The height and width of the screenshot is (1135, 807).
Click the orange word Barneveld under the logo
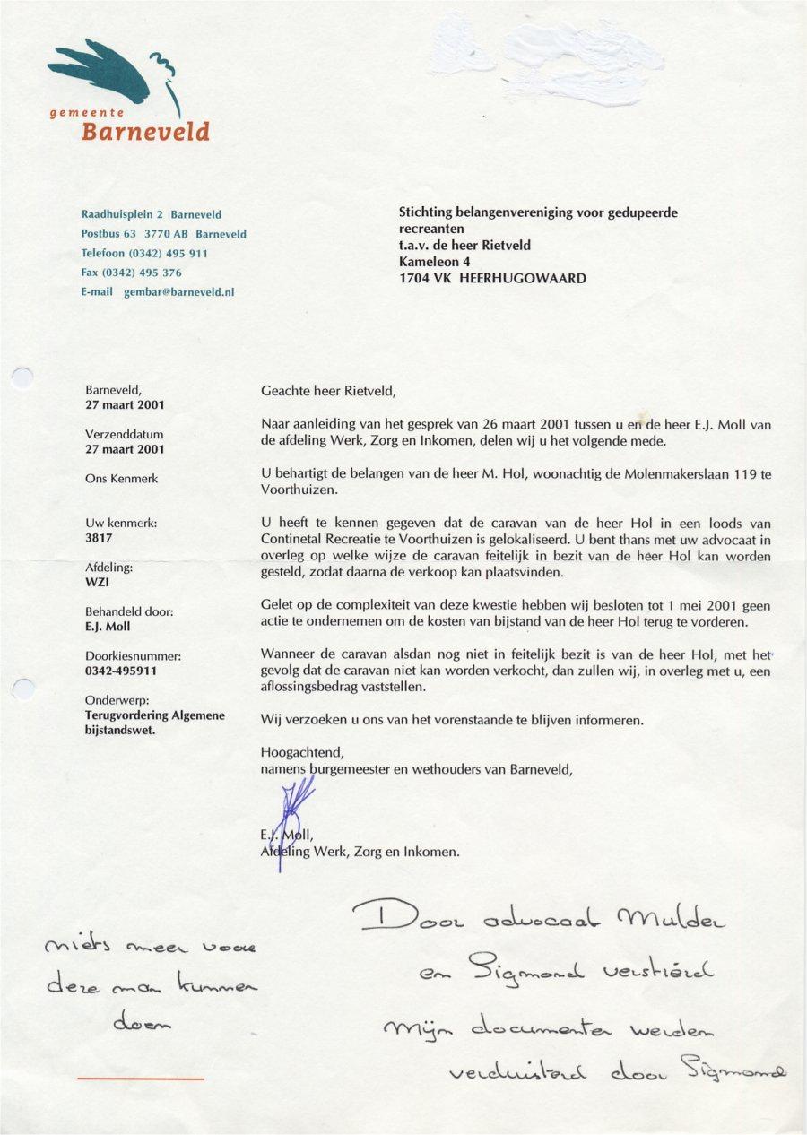tap(145, 133)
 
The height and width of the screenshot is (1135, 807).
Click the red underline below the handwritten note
tap(141, 1079)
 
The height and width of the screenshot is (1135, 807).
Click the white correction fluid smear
tap(556, 58)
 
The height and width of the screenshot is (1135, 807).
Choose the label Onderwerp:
tap(115, 699)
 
